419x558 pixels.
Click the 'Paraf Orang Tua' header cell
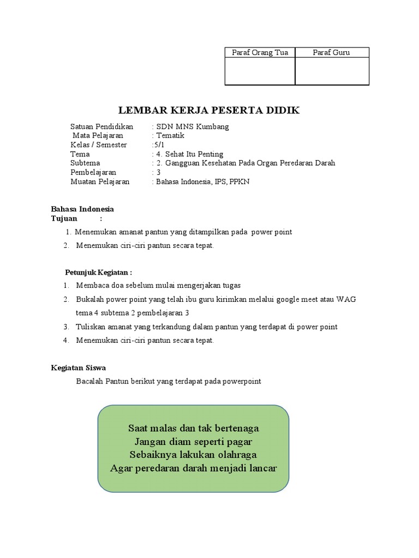point(260,52)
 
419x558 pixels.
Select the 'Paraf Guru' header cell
point(331,52)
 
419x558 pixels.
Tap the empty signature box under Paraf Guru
point(332,71)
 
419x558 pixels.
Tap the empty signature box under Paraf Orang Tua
point(260,71)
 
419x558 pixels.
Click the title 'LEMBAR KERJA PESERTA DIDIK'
point(209,111)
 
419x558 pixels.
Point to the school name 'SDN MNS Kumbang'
point(193,126)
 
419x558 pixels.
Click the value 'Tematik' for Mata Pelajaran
point(170,136)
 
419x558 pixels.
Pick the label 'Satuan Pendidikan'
point(101,126)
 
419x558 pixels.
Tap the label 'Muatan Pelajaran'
point(100,182)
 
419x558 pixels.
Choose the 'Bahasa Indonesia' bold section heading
point(82,209)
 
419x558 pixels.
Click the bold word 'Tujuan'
point(64,218)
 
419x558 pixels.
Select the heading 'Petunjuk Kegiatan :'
point(99,272)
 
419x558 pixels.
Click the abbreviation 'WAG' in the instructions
point(346,300)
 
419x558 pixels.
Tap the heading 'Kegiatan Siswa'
point(78,368)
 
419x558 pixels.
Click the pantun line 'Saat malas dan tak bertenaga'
point(194,428)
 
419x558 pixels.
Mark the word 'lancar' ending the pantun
point(261,468)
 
